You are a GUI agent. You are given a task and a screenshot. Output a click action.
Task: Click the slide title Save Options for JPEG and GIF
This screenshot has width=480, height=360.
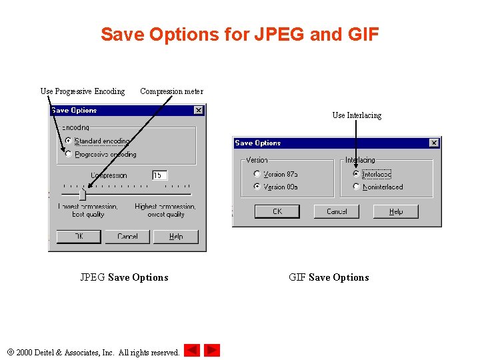coord(239,34)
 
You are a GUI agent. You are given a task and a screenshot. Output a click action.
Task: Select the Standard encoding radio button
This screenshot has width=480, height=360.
coord(68,141)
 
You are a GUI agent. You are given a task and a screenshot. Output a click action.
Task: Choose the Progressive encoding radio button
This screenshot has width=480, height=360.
coord(68,154)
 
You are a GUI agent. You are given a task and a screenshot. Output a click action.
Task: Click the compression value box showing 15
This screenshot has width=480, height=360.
coord(159,175)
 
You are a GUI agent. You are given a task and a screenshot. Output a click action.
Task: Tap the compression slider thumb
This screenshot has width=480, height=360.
coord(82,194)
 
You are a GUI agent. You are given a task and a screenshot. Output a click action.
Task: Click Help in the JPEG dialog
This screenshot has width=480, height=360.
coord(176,237)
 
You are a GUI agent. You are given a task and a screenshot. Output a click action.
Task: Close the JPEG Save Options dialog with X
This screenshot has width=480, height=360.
coord(199,110)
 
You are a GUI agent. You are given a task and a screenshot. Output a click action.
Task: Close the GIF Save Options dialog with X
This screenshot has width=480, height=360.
coord(434,143)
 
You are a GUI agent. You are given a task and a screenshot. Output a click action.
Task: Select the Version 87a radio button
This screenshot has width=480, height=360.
coord(257,174)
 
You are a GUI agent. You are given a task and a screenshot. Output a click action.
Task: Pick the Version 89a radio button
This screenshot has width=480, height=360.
coord(257,187)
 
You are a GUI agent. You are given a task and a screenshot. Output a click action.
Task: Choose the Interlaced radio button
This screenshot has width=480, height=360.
coord(356,174)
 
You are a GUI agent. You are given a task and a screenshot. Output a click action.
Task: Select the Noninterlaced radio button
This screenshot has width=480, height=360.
coord(356,187)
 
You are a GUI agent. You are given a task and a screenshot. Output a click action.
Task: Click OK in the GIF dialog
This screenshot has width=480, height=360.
coord(277,211)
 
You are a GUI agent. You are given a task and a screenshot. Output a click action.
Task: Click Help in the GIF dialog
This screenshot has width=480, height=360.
coord(396,211)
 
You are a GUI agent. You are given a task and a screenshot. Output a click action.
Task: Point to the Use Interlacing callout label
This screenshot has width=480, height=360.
coord(357,115)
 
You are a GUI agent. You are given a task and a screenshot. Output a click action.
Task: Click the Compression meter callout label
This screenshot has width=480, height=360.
coord(171,91)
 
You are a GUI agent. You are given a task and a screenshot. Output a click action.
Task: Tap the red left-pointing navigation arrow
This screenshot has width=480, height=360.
coord(192,350)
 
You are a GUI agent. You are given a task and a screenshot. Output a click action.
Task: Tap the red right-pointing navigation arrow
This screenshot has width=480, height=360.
coord(212,350)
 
